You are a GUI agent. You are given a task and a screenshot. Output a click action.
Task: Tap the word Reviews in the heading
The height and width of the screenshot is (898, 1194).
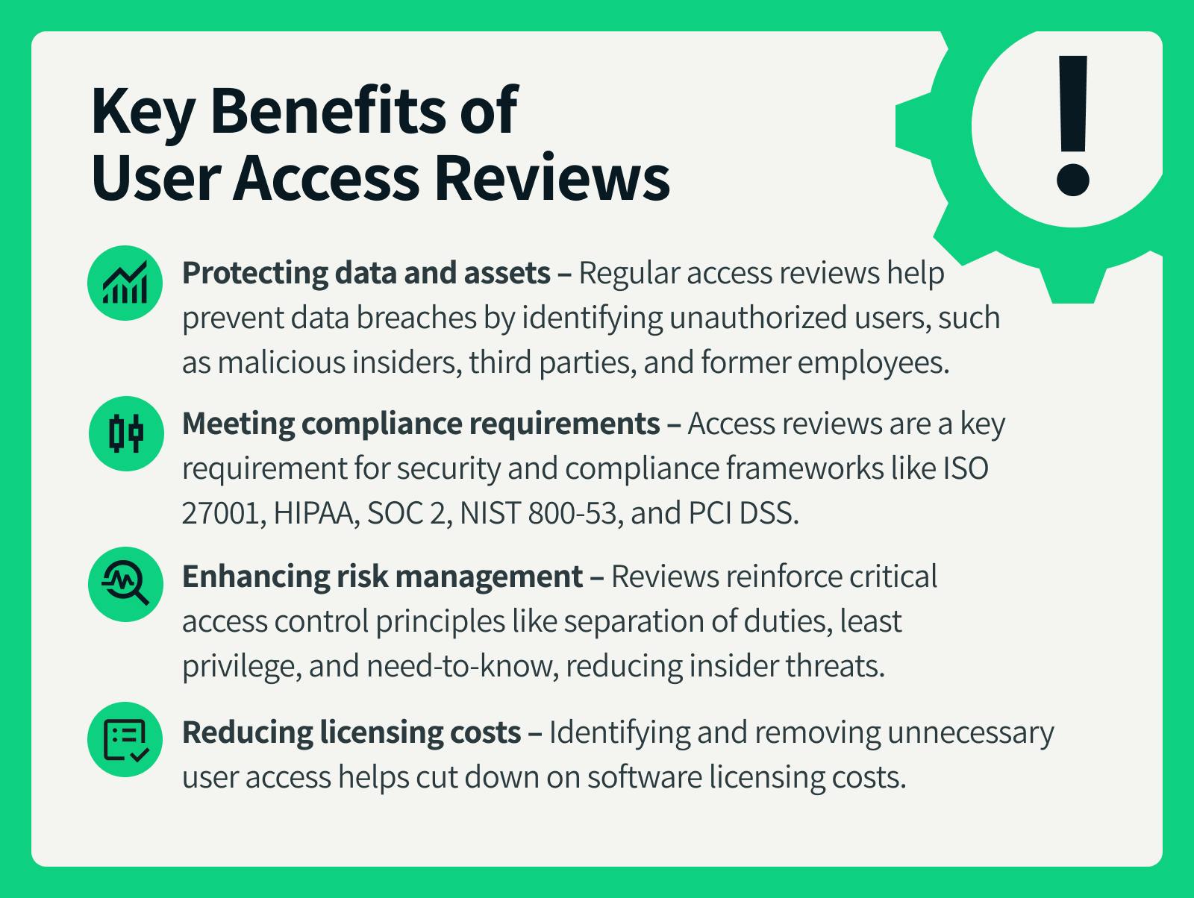(552, 178)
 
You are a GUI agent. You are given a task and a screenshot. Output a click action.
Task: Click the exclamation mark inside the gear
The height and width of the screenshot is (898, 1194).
(1072, 125)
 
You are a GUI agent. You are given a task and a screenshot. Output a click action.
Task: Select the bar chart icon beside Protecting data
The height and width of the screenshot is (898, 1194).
(125, 283)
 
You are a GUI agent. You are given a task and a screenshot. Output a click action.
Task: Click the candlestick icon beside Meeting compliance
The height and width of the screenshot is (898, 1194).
(126, 434)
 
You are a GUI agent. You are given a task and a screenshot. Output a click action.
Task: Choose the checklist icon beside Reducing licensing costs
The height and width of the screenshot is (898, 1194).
(125, 740)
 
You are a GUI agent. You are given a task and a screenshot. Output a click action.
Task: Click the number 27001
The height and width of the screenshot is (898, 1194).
(224, 512)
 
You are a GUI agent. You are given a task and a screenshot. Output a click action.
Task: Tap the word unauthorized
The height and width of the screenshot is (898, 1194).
(758, 318)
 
